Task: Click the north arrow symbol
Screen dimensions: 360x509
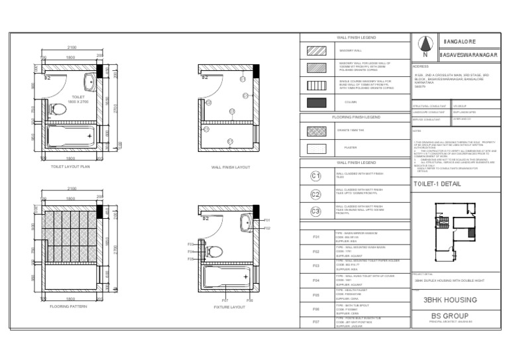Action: (x=425, y=46)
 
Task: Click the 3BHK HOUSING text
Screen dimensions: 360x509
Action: (x=454, y=300)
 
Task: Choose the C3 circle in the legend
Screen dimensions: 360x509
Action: (x=315, y=211)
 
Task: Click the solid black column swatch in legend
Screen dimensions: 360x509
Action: (x=315, y=103)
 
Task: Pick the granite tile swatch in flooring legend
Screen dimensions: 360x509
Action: (x=315, y=131)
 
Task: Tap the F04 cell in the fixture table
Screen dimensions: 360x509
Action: (x=315, y=280)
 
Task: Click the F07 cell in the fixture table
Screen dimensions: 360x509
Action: (x=315, y=323)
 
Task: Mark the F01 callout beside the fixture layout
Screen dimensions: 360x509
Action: (x=267, y=219)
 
